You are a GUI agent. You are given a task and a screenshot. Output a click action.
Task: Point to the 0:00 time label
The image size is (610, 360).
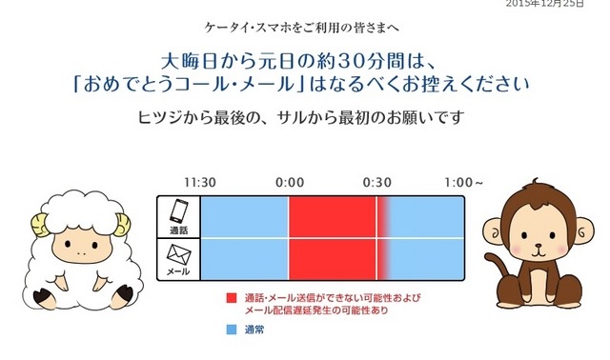[290, 182]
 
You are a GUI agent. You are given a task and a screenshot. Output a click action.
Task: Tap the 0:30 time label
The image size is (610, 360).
[377, 182]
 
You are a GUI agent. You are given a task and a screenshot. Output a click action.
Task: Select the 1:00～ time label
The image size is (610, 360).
[464, 182]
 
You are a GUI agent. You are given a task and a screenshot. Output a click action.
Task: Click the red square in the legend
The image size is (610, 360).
[232, 298]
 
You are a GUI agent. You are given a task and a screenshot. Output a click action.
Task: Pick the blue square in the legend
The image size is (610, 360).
[232, 330]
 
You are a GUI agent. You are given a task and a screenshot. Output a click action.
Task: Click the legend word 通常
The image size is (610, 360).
[254, 330]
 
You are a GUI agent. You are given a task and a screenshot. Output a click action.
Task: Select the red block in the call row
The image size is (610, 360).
[334, 217]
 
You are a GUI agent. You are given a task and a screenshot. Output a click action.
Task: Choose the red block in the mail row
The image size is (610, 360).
[334, 259]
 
